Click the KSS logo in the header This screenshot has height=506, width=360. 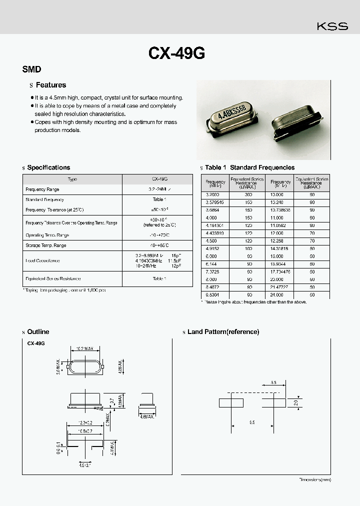[x=332, y=26]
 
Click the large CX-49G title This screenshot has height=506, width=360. [x=176, y=54]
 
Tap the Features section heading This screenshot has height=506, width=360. [x=51, y=85]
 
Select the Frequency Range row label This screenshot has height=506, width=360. [x=42, y=189]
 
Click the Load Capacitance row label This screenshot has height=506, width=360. [x=42, y=260]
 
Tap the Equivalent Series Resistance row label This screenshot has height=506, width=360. [x=53, y=278]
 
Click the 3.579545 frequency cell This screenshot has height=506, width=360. [x=215, y=202]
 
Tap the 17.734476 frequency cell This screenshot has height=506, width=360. [x=280, y=271]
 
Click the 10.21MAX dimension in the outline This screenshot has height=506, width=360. [x=85, y=348]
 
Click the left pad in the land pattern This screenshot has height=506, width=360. [x=231, y=402]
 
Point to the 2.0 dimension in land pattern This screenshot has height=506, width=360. [x=295, y=402]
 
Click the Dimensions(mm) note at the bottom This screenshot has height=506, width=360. [x=315, y=479]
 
